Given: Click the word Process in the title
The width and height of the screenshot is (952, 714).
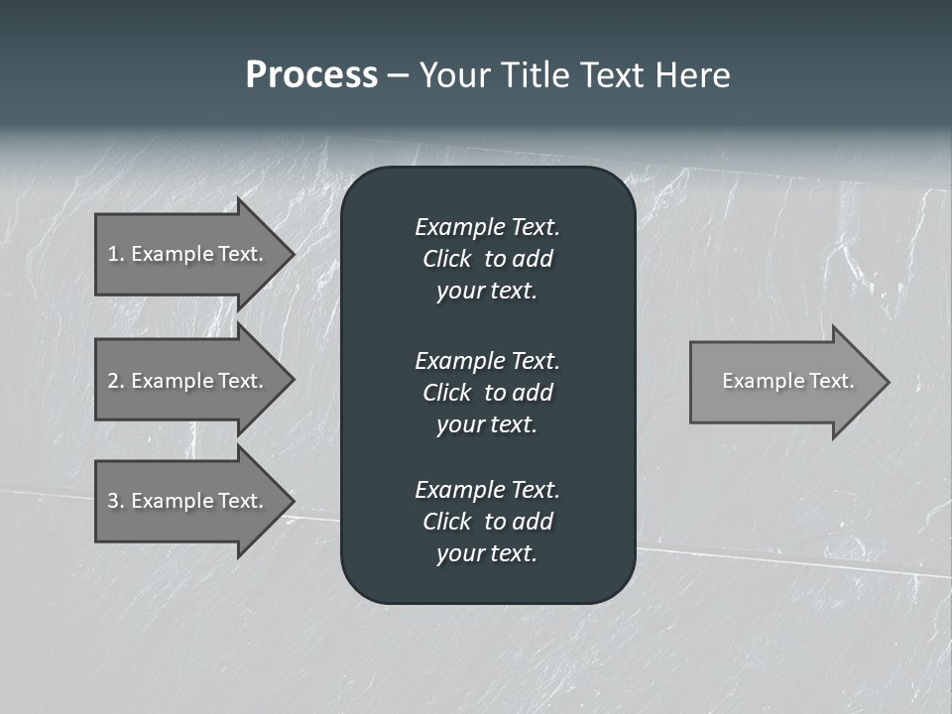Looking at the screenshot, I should tap(311, 75).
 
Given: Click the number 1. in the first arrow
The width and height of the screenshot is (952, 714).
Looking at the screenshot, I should tap(116, 254).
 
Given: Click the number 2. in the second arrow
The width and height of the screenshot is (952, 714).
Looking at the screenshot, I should tap(116, 381).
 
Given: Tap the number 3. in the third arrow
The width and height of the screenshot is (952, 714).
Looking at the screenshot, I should tap(116, 501).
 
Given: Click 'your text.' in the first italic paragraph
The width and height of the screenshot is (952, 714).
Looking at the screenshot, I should tap(487, 292).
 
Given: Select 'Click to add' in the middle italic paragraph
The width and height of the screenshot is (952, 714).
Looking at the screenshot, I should tap(487, 393).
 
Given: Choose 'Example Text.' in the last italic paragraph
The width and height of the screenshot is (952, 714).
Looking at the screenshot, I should tap(487, 490).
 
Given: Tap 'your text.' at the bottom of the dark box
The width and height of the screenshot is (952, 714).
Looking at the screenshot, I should tap(487, 553).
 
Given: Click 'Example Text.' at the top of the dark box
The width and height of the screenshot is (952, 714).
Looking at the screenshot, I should tap(487, 227).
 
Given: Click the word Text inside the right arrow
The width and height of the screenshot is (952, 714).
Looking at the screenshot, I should tap(831, 381).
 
